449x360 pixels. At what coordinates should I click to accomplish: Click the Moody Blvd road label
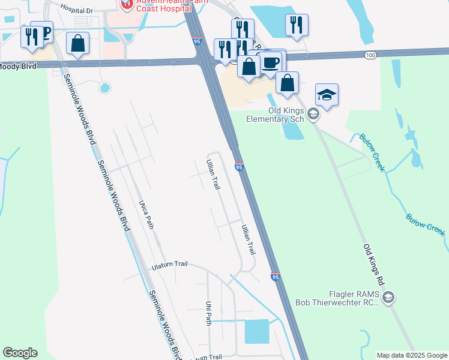(18, 66)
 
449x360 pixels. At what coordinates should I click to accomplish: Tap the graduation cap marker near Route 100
(327, 95)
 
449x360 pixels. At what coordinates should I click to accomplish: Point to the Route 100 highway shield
(370, 55)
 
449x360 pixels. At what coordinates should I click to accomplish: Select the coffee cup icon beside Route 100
(271, 62)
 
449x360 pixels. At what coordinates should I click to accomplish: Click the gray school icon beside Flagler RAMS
(388, 296)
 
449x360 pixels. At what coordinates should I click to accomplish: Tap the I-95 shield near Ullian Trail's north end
(239, 167)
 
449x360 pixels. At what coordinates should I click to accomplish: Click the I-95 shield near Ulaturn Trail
(275, 277)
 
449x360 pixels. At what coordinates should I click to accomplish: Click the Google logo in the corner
(20, 353)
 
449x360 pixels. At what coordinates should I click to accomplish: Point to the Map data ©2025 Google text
(411, 355)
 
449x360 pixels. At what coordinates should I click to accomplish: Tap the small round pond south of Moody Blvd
(105, 88)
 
